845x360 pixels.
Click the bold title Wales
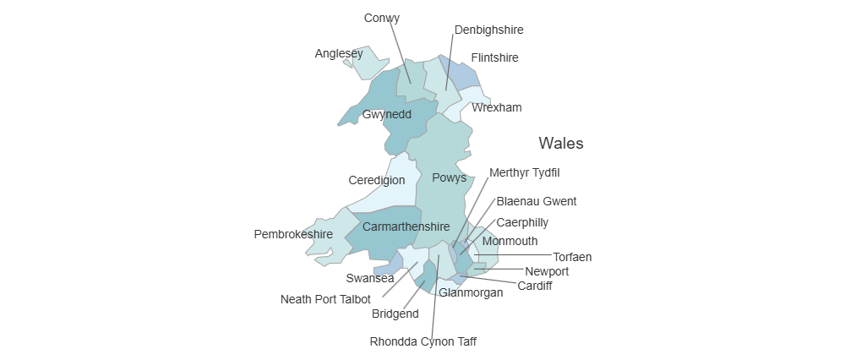click(x=561, y=143)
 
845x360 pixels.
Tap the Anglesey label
click(x=338, y=54)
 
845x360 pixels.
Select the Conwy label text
click(x=382, y=18)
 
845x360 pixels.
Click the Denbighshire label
click(x=488, y=30)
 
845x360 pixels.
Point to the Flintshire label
click(x=494, y=57)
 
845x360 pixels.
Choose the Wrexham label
click(x=497, y=107)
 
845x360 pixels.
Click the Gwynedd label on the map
click(x=386, y=114)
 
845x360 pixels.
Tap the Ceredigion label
click(x=376, y=180)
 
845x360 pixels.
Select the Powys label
click(x=449, y=177)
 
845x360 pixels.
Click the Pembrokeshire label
click(x=293, y=234)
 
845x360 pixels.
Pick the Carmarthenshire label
click(x=406, y=226)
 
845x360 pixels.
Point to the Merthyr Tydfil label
click(x=524, y=172)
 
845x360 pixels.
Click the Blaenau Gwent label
click(x=537, y=201)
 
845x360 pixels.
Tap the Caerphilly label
click(x=522, y=222)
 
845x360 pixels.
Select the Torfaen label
click(x=572, y=256)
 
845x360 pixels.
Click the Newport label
click(x=547, y=271)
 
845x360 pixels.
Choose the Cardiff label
click(x=535, y=286)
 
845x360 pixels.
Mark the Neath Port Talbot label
click(x=325, y=299)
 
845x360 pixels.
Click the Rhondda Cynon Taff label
click(x=423, y=342)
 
